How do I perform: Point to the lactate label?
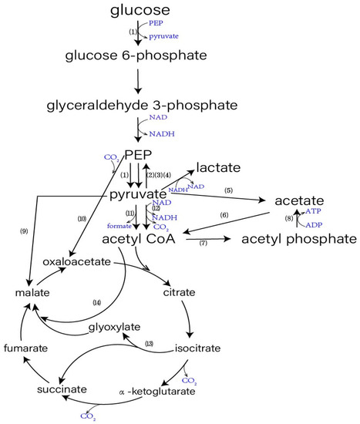[x=218, y=167]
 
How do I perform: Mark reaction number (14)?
[x=96, y=301]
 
